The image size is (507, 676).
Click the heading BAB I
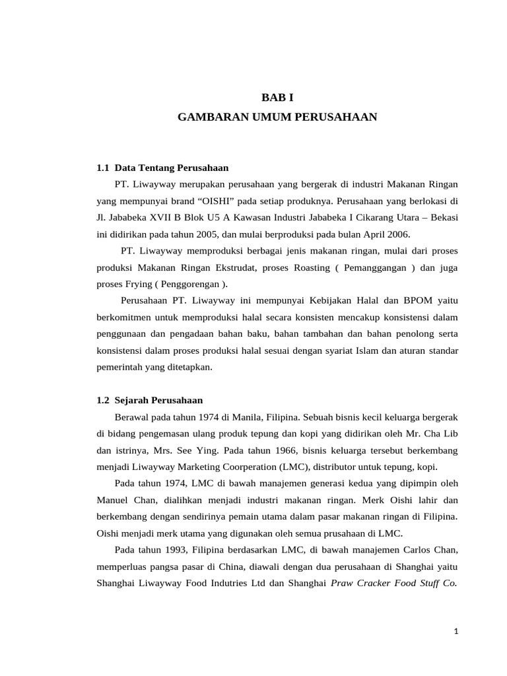pos(277,98)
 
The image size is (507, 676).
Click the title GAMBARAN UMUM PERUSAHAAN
pos(277,117)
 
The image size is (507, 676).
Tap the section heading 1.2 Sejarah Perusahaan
pos(150,400)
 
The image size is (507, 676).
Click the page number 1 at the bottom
pos(456,632)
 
